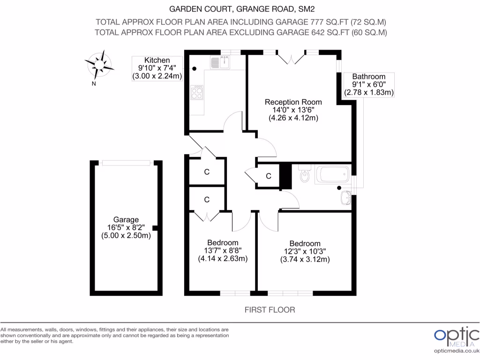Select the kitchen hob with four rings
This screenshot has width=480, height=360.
197,92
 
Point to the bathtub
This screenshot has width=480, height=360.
332,175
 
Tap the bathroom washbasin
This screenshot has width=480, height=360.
346,197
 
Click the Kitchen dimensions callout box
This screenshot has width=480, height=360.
157,68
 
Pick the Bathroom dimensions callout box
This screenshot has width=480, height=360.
369,85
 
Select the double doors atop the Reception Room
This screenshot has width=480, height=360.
291,58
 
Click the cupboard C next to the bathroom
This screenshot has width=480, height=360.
268,176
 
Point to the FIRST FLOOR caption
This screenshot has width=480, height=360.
270,310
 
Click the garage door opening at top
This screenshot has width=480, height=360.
127,163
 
